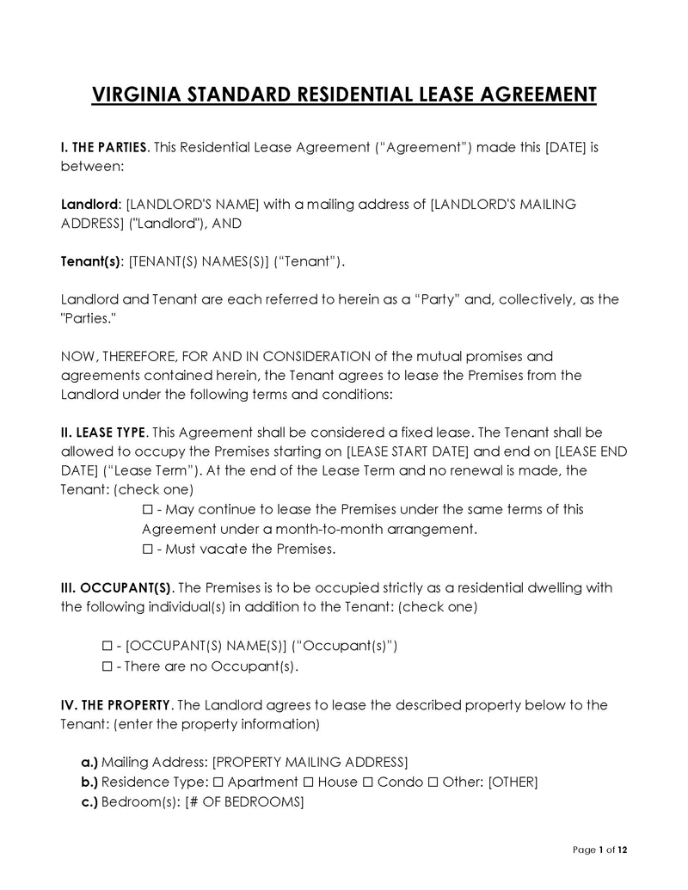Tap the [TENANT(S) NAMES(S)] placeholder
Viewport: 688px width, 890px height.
pyautogui.click(x=199, y=261)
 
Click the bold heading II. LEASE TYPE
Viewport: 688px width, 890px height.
pyautogui.click(x=104, y=432)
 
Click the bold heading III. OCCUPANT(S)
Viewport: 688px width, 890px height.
pyautogui.click(x=117, y=587)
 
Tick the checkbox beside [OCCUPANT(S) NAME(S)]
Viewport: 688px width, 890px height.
pyautogui.click(x=107, y=646)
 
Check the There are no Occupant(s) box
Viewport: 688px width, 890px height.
pyautogui.click(x=107, y=666)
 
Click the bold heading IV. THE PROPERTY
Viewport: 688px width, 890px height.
pyautogui.click(x=116, y=705)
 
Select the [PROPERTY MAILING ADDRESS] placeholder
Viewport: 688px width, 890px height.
pyautogui.click(x=310, y=763)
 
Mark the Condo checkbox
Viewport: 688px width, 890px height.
pyautogui.click(x=368, y=783)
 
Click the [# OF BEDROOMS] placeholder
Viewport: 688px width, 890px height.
pyautogui.click(x=244, y=802)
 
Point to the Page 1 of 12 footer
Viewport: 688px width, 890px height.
pyautogui.click(x=600, y=850)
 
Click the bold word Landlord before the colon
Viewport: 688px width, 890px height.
pyautogui.click(x=89, y=205)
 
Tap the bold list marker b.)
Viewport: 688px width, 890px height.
pyautogui.click(x=89, y=783)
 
